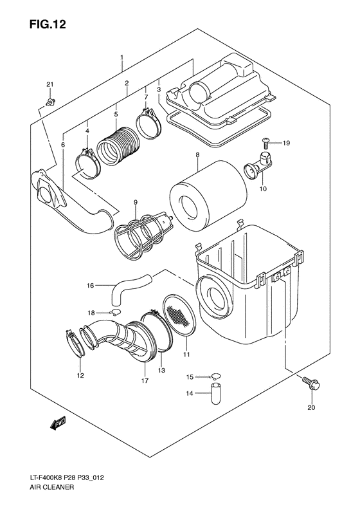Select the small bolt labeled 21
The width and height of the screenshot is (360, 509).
pyautogui.click(x=51, y=100)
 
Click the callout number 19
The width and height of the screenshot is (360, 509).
pyautogui.click(x=287, y=142)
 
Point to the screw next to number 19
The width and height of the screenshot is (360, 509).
pyautogui.click(x=265, y=142)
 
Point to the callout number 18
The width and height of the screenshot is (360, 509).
pyautogui.click(x=91, y=311)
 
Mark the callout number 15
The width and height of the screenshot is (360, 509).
pyautogui.click(x=190, y=376)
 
